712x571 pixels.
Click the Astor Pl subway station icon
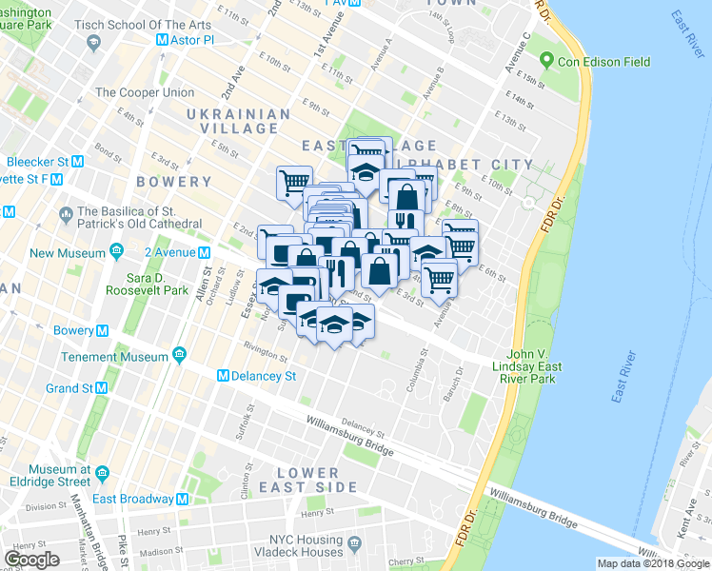[x=161, y=41]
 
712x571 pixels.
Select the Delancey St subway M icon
[x=224, y=376]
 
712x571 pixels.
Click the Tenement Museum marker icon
[x=180, y=356]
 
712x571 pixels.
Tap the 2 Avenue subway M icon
[x=205, y=252]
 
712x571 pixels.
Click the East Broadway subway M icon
[x=183, y=499]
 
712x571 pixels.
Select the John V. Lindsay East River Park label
[x=534, y=366]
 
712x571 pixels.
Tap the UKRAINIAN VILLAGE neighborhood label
[x=238, y=123]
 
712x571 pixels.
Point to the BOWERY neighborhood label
[x=173, y=181]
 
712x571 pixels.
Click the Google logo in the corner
[x=32, y=559]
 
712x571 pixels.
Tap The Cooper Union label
[x=145, y=92]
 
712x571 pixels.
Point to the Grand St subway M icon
[x=100, y=388]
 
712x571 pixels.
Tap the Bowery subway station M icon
[x=102, y=330]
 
